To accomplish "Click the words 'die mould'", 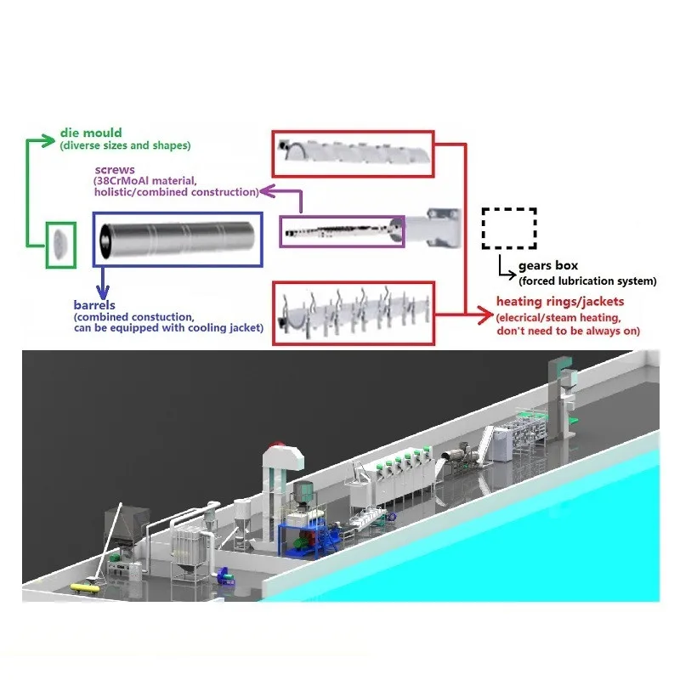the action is pos(91,133).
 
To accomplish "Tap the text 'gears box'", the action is pos(548,266).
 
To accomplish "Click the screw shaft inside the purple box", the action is pos(340,229).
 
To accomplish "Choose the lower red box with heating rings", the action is pos(354,313).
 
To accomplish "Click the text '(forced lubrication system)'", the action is pos(587,281).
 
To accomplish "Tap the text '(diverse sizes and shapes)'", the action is pos(125,146).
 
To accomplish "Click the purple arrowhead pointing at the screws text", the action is pos(264,192).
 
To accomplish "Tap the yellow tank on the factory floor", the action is pos(85,586).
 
